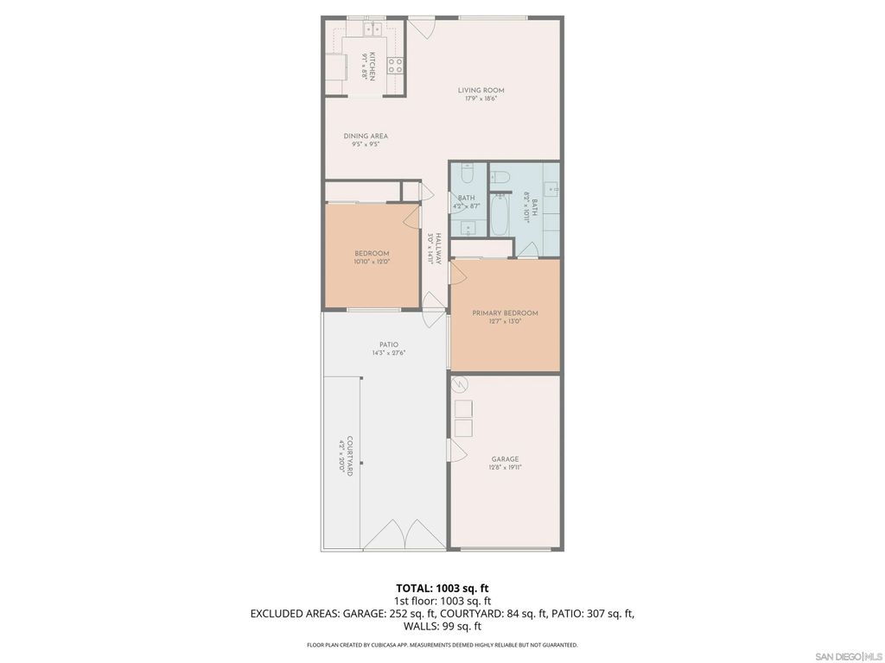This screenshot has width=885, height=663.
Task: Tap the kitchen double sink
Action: tap(374, 29)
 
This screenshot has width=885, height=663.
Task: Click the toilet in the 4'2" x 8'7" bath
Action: tap(467, 176)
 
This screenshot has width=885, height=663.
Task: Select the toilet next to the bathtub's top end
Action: tap(500, 178)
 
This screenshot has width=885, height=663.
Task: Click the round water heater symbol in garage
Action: tap(461, 384)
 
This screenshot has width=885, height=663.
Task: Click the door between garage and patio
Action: tap(453, 449)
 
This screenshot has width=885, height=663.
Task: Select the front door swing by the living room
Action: tap(421, 27)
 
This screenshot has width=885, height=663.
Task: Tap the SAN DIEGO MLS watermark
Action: tap(848, 656)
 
